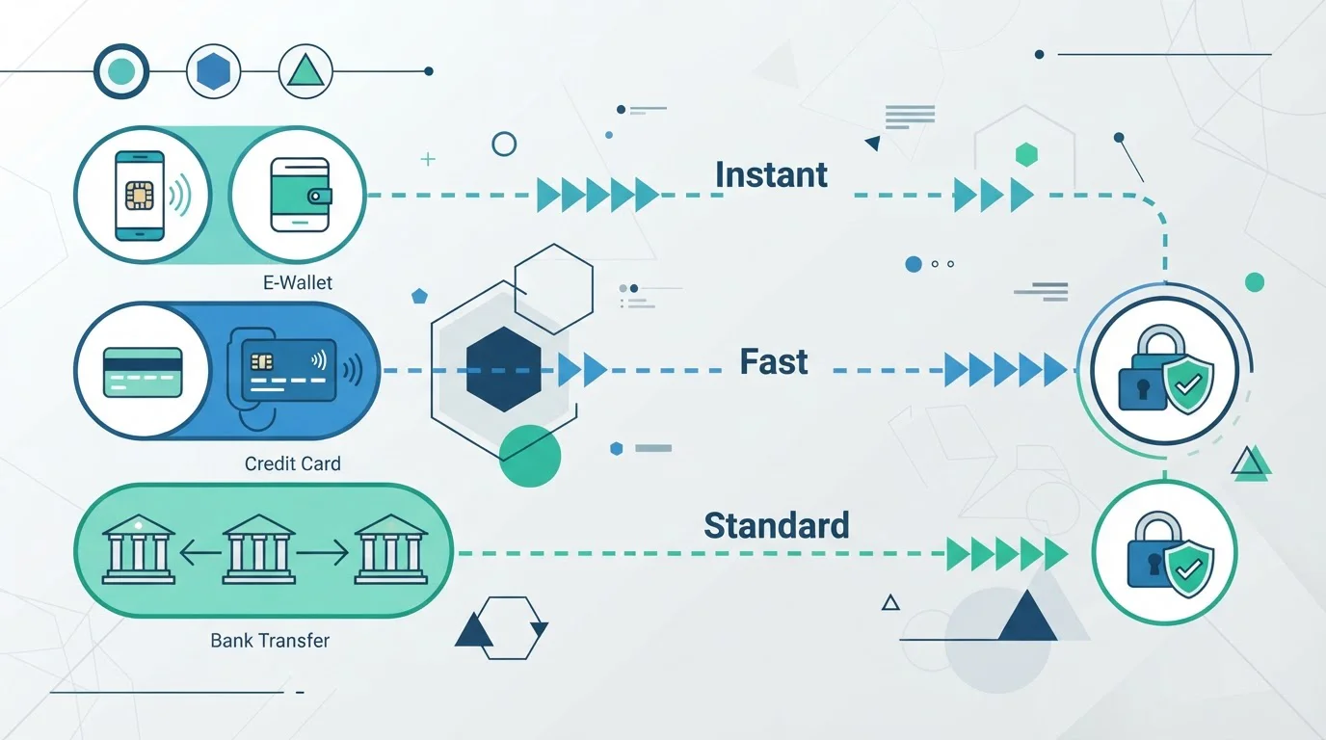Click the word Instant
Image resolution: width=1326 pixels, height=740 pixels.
(x=771, y=174)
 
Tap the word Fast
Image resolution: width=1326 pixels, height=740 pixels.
(x=774, y=361)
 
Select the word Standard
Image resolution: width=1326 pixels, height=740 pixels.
(x=776, y=525)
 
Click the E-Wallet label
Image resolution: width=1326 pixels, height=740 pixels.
(x=297, y=282)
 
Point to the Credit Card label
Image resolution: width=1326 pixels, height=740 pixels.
(x=292, y=463)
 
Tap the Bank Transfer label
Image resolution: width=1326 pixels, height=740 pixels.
(x=270, y=641)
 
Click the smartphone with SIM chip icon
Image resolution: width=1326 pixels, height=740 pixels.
(x=140, y=196)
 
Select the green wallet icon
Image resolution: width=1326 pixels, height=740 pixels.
(x=300, y=195)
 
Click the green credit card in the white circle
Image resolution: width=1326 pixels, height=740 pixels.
(x=143, y=372)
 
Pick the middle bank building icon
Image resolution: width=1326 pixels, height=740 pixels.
(x=258, y=549)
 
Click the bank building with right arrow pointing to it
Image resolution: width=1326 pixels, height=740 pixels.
(x=390, y=549)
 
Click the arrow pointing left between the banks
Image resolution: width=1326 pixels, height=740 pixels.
(x=200, y=553)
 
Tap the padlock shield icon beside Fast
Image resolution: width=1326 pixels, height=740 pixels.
(x=1165, y=370)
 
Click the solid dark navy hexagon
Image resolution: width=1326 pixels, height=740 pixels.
(x=504, y=369)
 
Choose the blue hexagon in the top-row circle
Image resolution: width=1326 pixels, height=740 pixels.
(x=213, y=71)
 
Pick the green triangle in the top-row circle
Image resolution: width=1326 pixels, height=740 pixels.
(x=305, y=70)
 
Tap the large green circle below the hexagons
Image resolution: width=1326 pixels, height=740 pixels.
(x=530, y=456)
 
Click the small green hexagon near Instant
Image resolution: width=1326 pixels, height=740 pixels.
(x=1026, y=155)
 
